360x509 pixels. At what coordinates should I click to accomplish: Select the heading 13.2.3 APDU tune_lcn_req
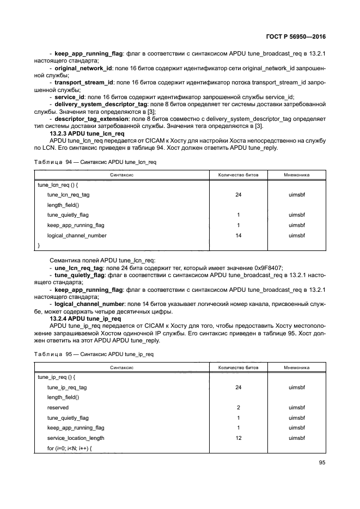click(87, 133)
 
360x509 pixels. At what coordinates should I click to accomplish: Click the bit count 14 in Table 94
click(238, 236)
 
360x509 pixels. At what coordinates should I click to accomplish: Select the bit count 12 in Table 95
click(238, 438)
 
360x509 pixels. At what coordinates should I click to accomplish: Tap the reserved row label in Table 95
click(58, 407)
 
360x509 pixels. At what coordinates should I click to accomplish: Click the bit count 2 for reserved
click(238, 407)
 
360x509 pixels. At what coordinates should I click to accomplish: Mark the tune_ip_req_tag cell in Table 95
click(67, 387)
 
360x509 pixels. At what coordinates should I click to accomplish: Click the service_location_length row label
click(76, 438)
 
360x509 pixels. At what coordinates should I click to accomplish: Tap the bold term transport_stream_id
click(84, 82)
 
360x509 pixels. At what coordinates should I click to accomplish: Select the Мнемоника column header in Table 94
click(297, 175)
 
